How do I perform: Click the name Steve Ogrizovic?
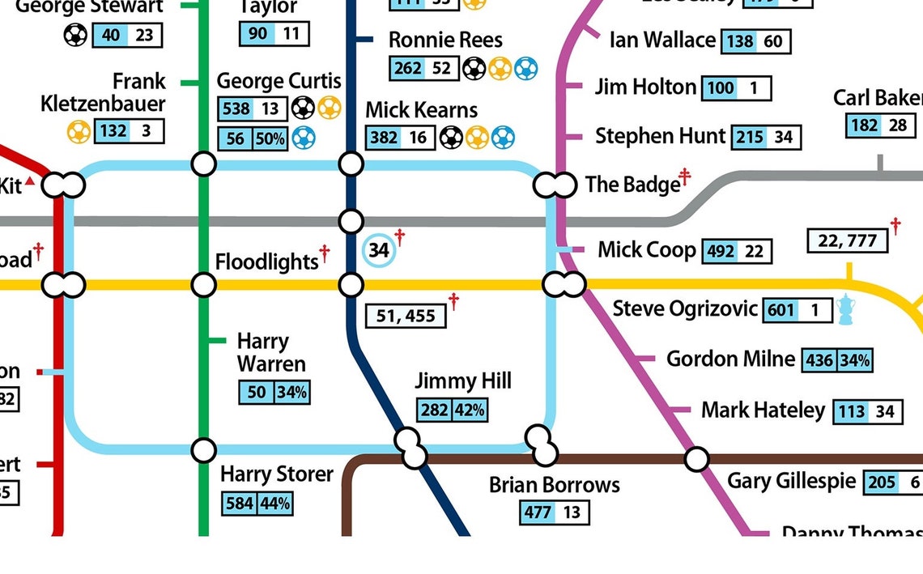[x=685, y=308]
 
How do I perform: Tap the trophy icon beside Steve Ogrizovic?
[x=846, y=309]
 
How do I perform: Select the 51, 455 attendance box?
[x=406, y=316]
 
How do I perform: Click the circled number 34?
[x=379, y=250]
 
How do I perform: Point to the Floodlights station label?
[x=266, y=261]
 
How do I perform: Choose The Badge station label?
[x=632, y=185]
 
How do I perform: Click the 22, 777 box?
[x=847, y=240]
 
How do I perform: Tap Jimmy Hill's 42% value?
[x=470, y=410]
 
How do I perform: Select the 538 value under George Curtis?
[x=235, y=108]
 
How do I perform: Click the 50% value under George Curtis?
[x=270, y=139]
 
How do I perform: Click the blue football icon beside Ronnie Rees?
[x=525, y=68]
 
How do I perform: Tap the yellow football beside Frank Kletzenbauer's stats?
[x=79, y=130]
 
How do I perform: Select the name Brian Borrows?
[x=554, y=485]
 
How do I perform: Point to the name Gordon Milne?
[x=730, y=359]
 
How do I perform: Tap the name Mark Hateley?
[x=762, y=410]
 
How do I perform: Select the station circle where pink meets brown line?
[x=695, y=459]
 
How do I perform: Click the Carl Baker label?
[x=878, y=99]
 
